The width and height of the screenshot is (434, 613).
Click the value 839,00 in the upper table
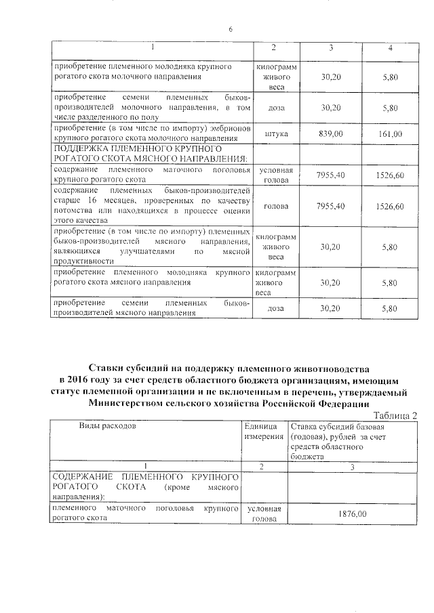point(330,133)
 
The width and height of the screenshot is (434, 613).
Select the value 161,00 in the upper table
point(391,133)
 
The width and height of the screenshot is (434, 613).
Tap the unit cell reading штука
point(275,133)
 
